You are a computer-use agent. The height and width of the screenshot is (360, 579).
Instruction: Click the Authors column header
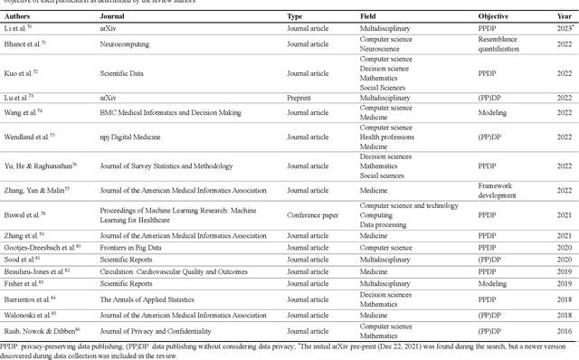click(x=19, y=16)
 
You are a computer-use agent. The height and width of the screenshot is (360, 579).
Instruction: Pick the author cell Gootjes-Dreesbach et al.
click(x=44, y=246)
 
